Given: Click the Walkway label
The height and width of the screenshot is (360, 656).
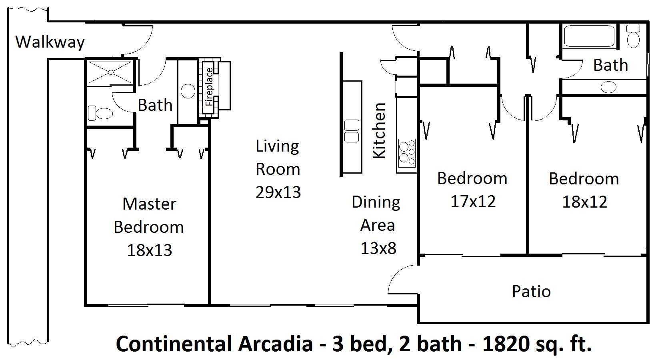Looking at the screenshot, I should click(50, 42).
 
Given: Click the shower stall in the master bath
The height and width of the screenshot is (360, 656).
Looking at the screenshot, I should click(110, 72).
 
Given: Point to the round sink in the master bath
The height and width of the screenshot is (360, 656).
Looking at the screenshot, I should click(188, 91).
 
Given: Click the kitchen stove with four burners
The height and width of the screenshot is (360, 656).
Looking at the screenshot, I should click(407, 153).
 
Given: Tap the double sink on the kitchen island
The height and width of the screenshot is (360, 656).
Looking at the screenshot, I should click(352, 131).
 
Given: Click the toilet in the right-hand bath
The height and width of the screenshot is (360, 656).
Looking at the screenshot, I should click(633, 36).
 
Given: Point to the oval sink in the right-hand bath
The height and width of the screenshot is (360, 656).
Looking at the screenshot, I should click(608, 86).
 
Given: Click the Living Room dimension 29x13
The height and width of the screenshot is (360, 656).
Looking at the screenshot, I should click(278, 192).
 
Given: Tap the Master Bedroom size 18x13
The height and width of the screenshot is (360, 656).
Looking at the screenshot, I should click(149, 250).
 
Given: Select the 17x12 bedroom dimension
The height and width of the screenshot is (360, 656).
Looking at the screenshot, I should click(473, 202).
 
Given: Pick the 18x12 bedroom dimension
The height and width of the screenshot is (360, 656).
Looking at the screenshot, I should click(584, 202).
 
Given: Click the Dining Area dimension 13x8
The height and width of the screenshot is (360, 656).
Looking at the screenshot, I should click(378, 248).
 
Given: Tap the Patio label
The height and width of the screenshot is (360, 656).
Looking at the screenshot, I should click(531, 291).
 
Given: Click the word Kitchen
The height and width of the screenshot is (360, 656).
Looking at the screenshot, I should click(379, 130).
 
